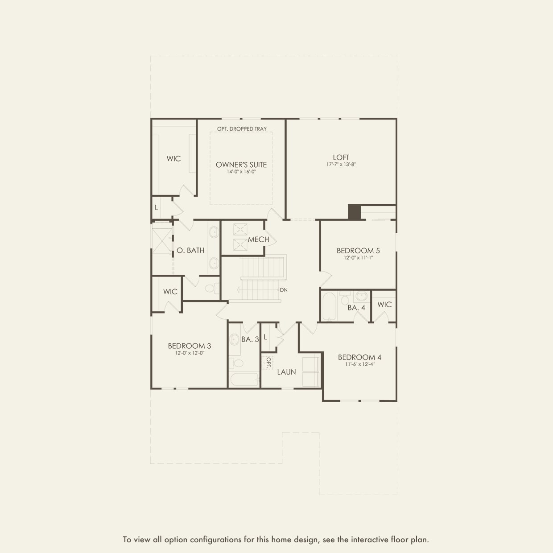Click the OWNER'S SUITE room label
(241, 165)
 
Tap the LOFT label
(341, 157)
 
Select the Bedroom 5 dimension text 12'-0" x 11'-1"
(358, 258)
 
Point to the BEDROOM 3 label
(189, 346)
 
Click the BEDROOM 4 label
(359, 357)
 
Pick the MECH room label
(258, 239)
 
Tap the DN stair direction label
(284, 290)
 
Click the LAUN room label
(286, 372)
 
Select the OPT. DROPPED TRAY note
(242, 129)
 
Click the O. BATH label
(190, 251)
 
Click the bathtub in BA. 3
(244, 380)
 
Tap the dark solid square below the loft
(354, 212)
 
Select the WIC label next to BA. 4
(384, 305)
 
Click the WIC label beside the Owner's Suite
(173, 159)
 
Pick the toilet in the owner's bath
(211, 288)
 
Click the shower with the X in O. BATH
(161, 241)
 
